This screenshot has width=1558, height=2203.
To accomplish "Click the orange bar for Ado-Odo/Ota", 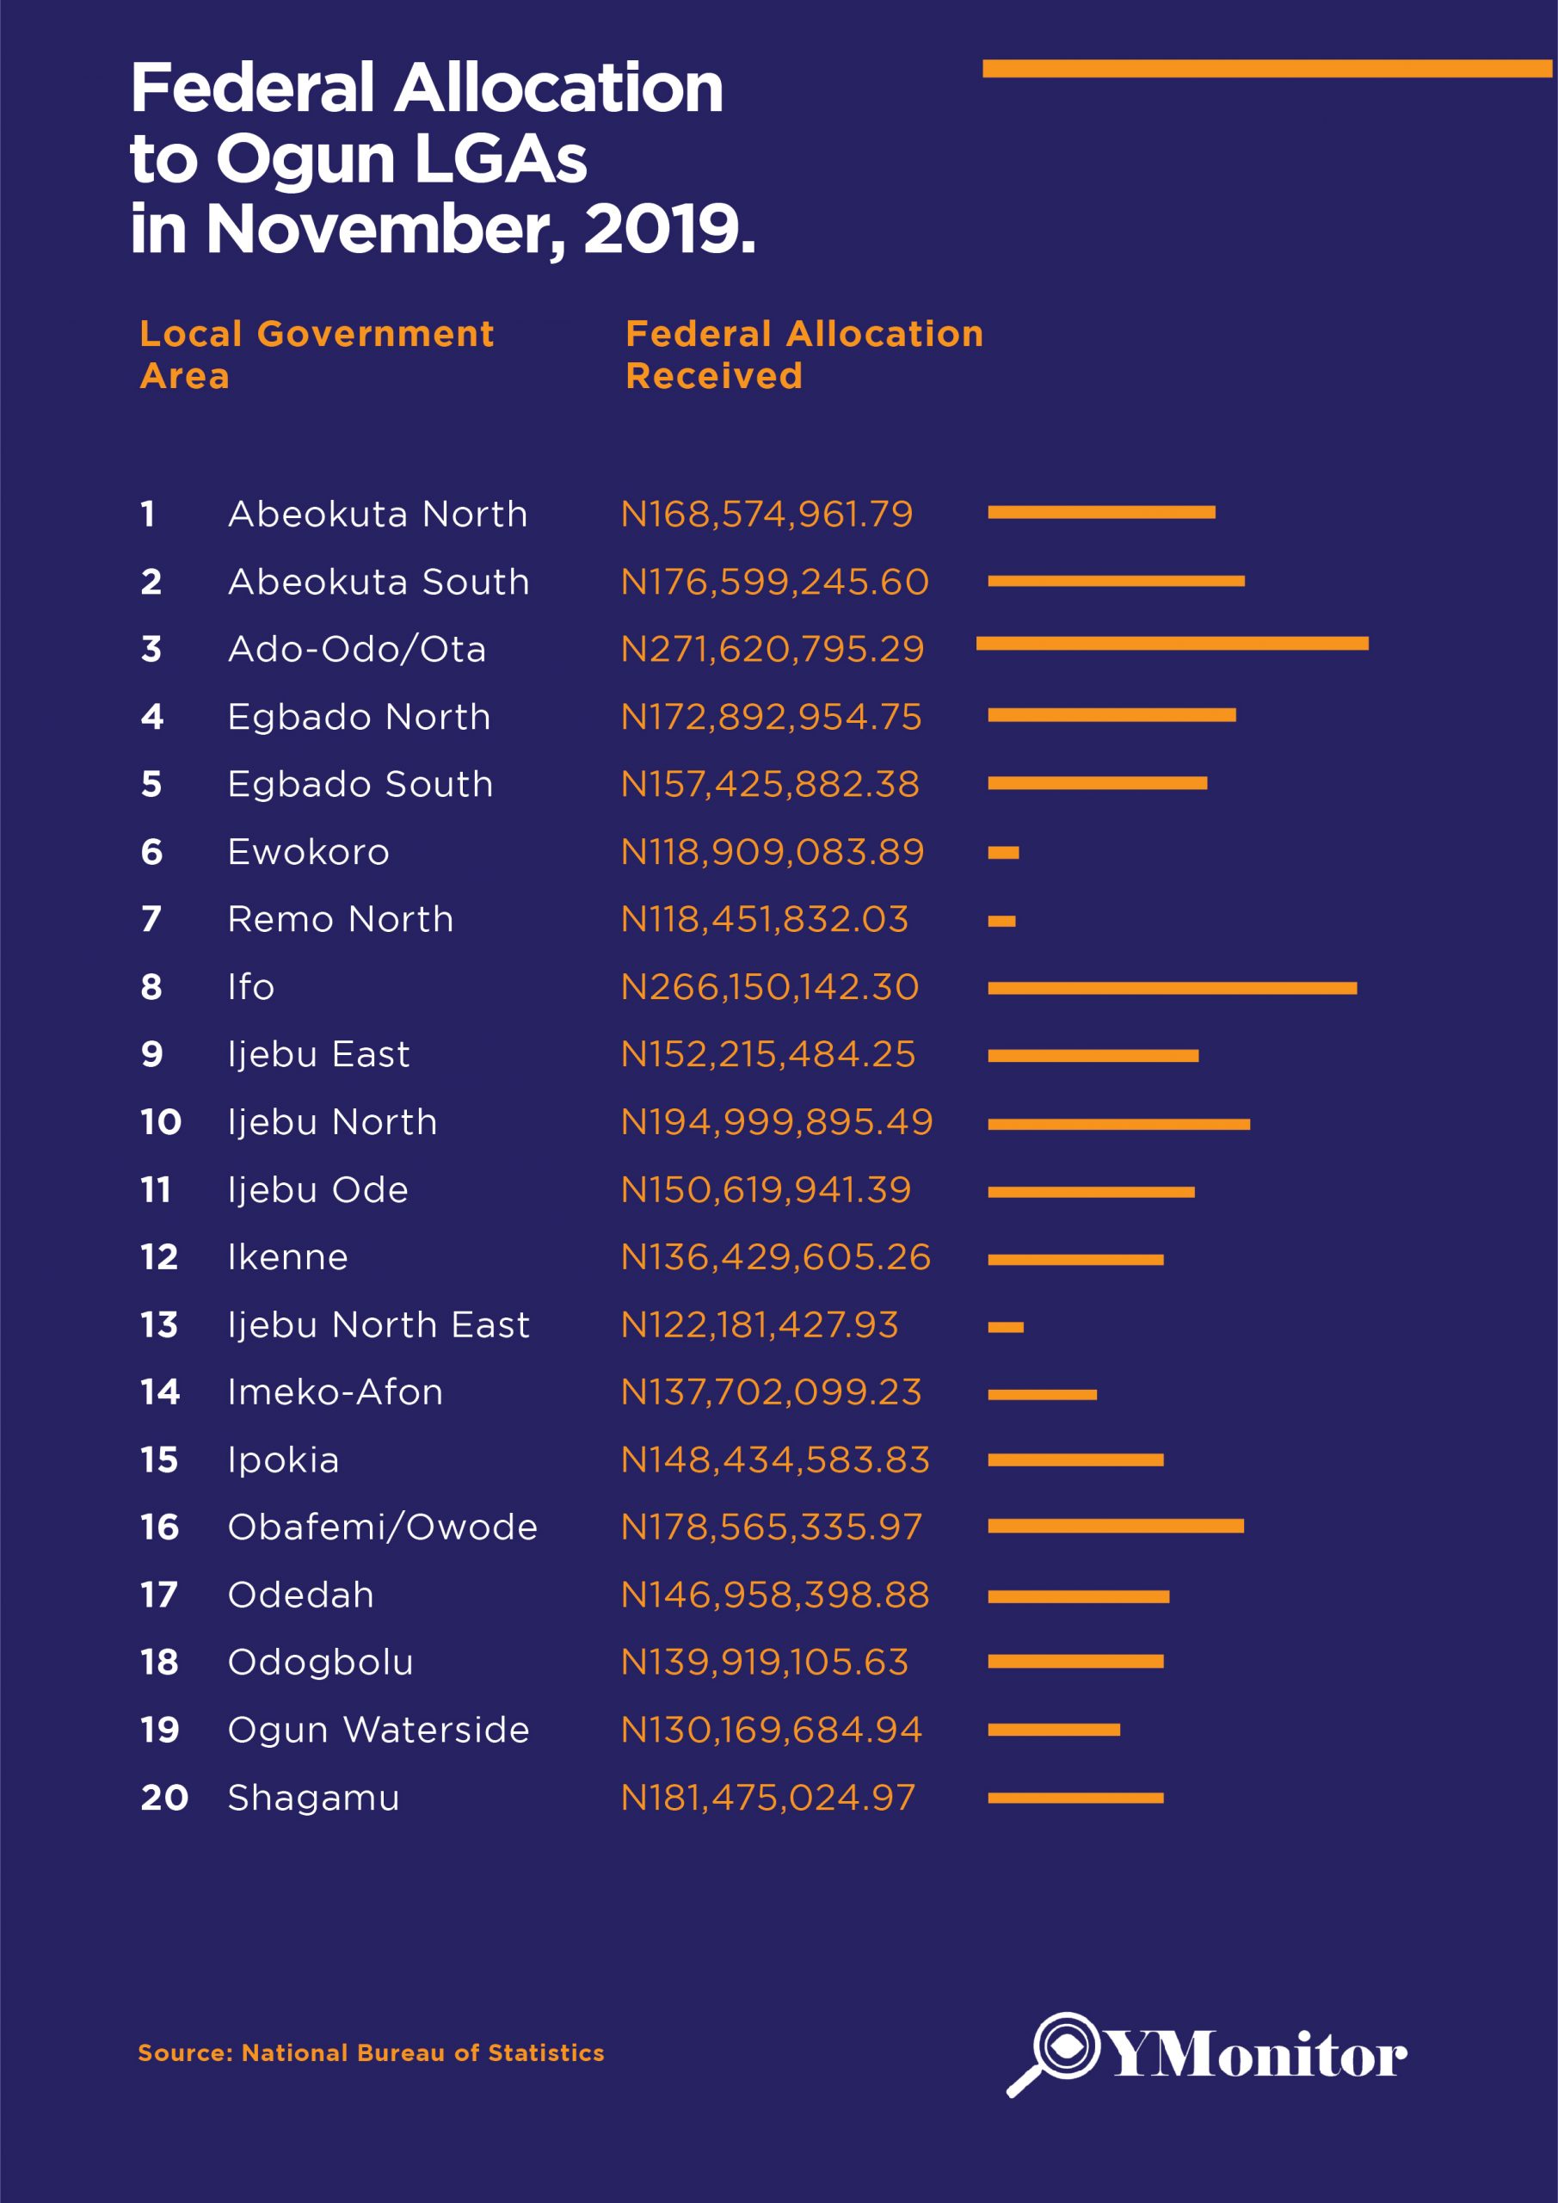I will (1172, 643).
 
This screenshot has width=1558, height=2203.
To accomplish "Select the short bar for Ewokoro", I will (1002, 852).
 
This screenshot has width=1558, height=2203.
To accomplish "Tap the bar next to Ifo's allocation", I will (1172, 987).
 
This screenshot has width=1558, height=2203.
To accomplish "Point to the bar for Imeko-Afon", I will (1042, 1394).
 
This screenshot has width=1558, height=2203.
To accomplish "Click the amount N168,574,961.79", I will (767, 515).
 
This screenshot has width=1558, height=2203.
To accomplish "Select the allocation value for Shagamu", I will (767, 1797).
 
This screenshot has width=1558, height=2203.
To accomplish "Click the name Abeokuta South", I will (378, 582).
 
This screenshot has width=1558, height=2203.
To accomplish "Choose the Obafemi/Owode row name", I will (382, 1527).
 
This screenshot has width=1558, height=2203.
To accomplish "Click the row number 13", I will (159, 1324).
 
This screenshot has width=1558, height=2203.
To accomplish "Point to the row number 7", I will (151, 919).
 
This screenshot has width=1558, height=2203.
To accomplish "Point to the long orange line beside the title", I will (1266, 68).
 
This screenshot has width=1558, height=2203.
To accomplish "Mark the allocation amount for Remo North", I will (764, 919).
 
